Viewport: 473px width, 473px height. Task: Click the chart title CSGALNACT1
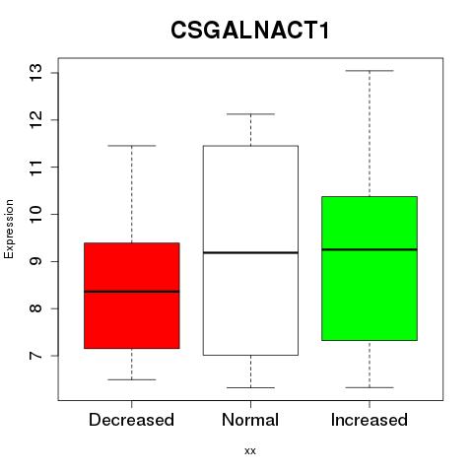coord(250,31)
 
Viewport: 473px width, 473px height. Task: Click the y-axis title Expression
coord(9,230)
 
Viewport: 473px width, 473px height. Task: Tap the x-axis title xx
coord(250,451)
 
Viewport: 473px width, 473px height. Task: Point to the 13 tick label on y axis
coord(36,73)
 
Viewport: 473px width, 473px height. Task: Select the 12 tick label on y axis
coord(36,120)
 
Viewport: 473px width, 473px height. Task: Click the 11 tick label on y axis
coord(36,168)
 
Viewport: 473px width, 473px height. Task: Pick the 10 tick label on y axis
coord(36,214)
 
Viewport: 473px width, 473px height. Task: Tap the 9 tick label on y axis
coord(36,261)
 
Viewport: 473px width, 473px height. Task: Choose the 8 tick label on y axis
coord(36,308)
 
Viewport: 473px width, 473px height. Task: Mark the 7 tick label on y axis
coord(36,356)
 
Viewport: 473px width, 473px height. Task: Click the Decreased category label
coord(131,420)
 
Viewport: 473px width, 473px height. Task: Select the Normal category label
coord(250,420)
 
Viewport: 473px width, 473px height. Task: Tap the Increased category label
coord(370,420)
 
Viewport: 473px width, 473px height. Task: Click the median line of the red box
coord(132,292)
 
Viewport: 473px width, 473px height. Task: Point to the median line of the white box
coord(250,252)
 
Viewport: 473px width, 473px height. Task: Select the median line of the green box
coord(370,249)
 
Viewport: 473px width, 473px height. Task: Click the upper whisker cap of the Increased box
coord(370,71)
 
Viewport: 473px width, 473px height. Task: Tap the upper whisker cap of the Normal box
coord(250,114)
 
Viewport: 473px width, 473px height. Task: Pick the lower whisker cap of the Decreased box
coord(132,379)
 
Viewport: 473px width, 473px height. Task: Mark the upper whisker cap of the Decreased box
coord(132,146)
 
